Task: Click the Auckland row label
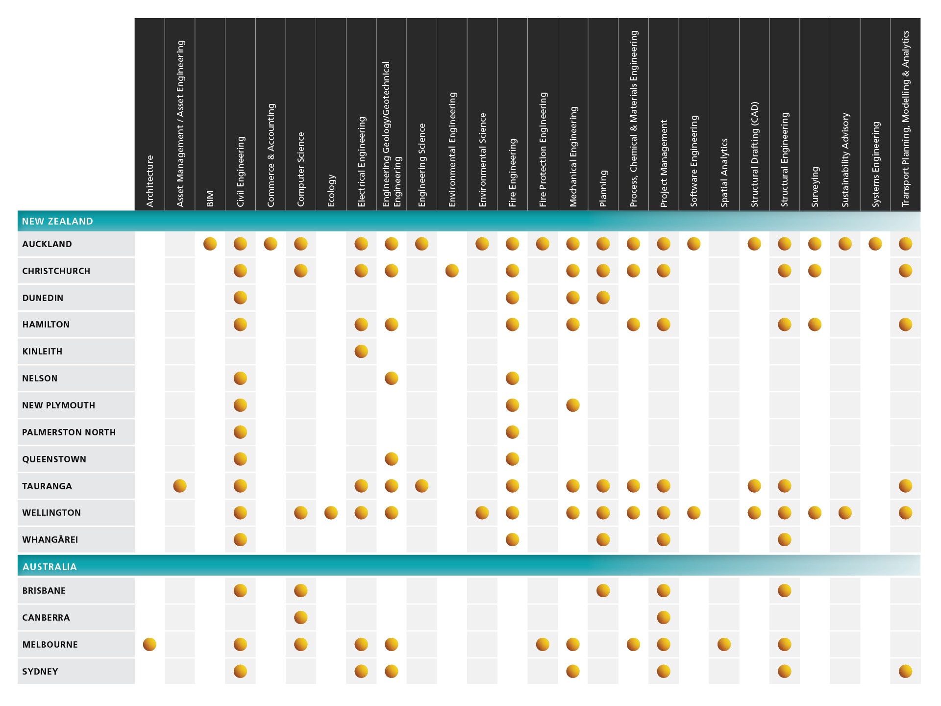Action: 47,244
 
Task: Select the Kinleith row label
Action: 42,352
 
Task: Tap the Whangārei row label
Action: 50,539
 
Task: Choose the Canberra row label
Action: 46,618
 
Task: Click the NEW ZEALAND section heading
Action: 57,221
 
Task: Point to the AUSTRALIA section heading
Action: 50,567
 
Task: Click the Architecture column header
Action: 150,181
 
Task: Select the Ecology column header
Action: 331,190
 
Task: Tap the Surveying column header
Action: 815,187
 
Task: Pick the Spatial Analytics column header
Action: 724,173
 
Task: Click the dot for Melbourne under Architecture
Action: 149,644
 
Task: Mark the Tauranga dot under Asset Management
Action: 180,486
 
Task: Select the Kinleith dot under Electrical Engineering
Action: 361,351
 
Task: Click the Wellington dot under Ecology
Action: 331,513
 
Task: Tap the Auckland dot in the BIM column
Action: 210,244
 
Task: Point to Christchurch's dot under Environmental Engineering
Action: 452,271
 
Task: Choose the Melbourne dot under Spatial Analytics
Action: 724,644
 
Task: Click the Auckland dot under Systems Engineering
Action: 875,244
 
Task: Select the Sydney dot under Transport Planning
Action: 906,671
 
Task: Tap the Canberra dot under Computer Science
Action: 301,617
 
